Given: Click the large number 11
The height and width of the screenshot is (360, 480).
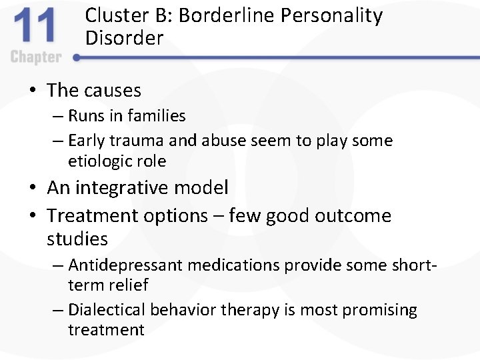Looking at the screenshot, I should coord(37,28).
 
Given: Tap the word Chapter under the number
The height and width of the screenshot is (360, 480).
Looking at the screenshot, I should coord(36,57).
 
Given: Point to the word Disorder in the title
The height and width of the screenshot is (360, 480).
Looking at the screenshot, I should coord(124,38).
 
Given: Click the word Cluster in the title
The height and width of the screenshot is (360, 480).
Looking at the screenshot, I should coord(111,16).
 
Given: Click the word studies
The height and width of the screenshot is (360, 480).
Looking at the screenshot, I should coord(77,239).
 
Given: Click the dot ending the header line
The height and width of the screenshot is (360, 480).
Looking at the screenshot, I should coord(77,57).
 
